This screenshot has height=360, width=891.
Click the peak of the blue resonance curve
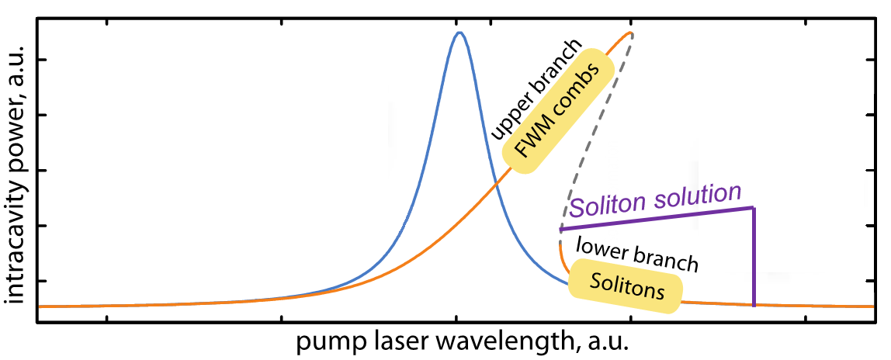click(459, 33)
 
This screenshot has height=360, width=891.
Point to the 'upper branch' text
click(533, 88)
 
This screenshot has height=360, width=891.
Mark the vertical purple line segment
click(754, 256)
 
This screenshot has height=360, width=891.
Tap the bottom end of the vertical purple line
click(754, 306)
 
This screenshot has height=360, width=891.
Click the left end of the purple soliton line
click(560, 230)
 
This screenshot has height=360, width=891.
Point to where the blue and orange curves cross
click(494, 187)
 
